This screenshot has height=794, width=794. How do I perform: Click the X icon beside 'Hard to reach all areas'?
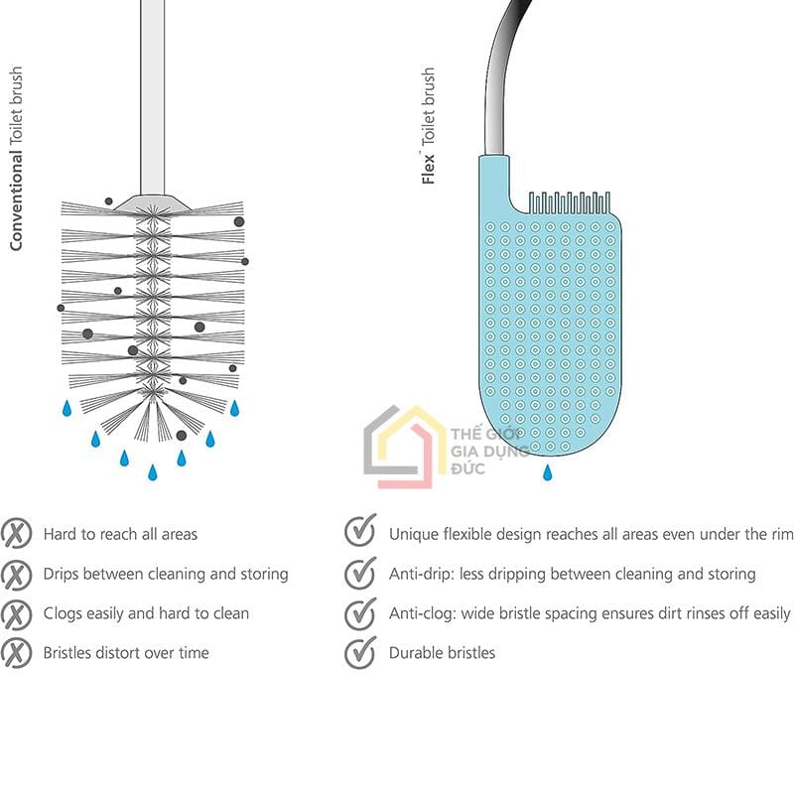16,533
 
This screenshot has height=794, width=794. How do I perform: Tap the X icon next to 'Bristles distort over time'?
16,653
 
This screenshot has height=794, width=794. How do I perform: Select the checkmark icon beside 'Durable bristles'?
360,652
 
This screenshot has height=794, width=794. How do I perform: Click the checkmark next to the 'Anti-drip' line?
360,573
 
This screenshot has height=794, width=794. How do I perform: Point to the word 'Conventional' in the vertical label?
16,200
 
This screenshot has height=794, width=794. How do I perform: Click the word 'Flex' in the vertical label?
428,169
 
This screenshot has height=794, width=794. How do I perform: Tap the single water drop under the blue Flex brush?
548,472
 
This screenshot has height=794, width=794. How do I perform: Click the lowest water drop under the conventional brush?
153,472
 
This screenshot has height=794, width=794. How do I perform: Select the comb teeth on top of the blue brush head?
569,202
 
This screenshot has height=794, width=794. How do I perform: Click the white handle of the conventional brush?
153,96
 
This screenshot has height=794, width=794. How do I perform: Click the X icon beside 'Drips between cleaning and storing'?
16,574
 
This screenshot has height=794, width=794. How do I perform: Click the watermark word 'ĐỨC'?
467,468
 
